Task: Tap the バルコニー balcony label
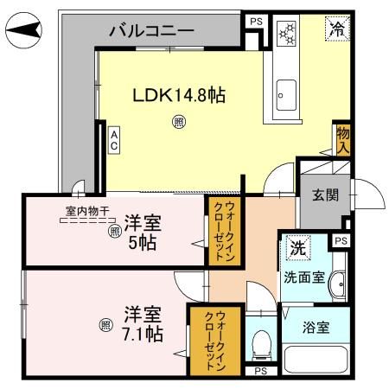(x=150, y=32)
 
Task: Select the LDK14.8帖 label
(x=178, y=96)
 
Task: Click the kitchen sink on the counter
(x=285, y=91)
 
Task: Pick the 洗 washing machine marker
(x=296, y=246)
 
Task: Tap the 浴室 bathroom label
(x=316, y=328)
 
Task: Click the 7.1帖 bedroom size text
(x=143, y=332)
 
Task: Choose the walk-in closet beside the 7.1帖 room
(x=206, y=340)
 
